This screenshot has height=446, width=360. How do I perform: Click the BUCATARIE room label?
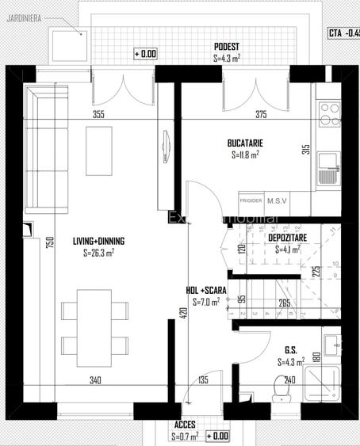(245, 143)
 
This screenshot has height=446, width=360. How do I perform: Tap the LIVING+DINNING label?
(99, 241)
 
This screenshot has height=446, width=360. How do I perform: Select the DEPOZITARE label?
(288, 237)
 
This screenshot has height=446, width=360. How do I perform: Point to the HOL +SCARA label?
(206, 290)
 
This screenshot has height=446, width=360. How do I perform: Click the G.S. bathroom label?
(290, 349)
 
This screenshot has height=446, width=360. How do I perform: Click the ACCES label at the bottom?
(185, 425)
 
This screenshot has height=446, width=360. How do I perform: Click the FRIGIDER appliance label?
(251, 202)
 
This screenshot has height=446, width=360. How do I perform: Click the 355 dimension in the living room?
(98, 115)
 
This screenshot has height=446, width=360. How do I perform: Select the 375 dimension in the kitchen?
(261, 115)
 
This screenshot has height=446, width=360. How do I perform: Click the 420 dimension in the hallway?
(183, 314)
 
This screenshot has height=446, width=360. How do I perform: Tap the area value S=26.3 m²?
(99, 253)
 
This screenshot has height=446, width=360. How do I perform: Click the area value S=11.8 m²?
(245, 155)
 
